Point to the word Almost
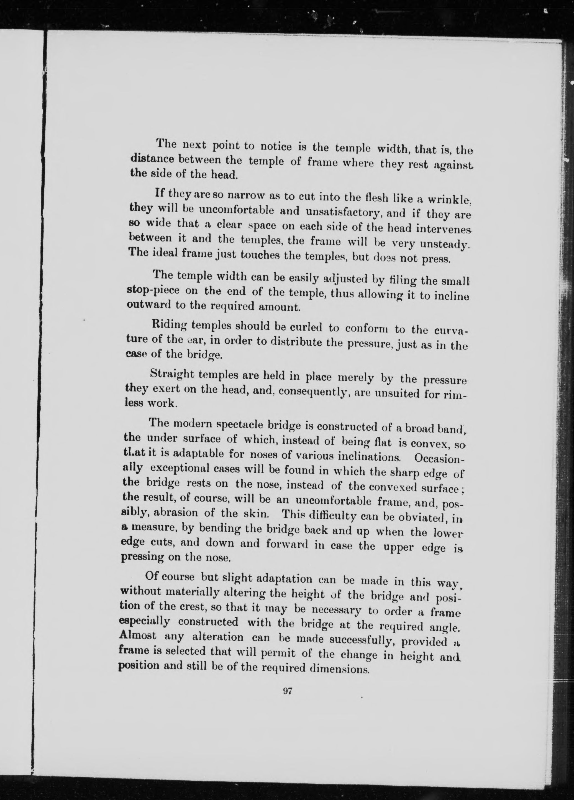140,636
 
